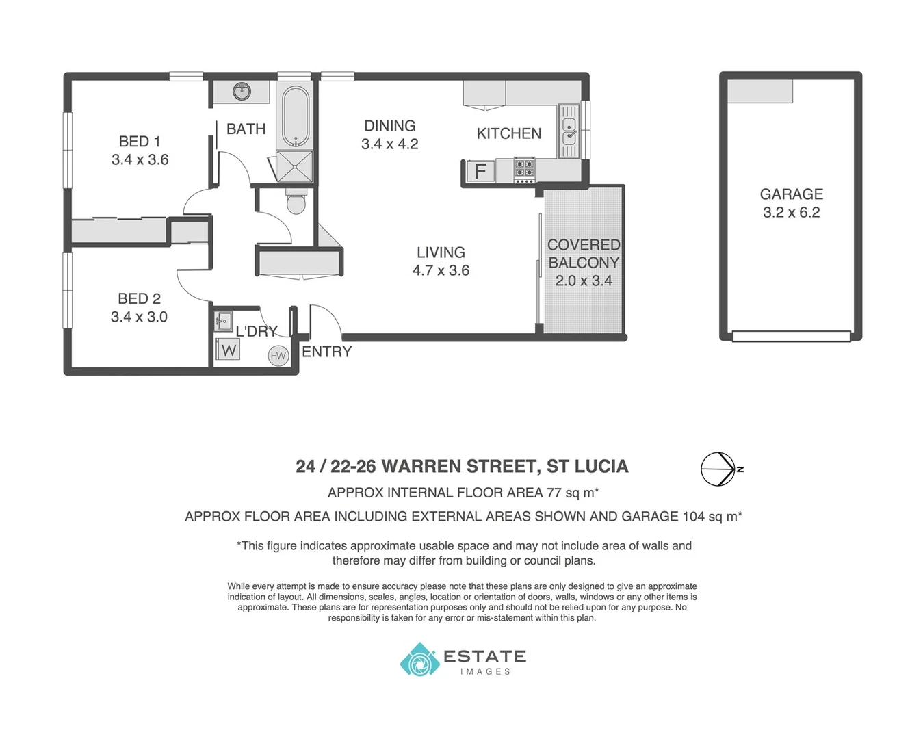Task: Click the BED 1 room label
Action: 140,142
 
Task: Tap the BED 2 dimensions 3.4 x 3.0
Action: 139,317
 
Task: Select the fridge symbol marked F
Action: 480,171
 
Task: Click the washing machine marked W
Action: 228,350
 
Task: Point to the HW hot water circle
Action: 278,356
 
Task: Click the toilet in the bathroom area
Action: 296,201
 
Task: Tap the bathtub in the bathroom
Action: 296,116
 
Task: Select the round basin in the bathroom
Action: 242,91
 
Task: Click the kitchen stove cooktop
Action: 524,170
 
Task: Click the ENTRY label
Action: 326,352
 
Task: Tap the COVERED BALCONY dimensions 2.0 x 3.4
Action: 583,281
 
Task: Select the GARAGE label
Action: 791,194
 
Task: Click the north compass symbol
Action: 718,469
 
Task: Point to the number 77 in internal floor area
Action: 554,493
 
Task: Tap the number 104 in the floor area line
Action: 693,517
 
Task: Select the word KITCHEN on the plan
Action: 508,133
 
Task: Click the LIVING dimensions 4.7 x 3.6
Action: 441,270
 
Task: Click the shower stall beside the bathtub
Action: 295,166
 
